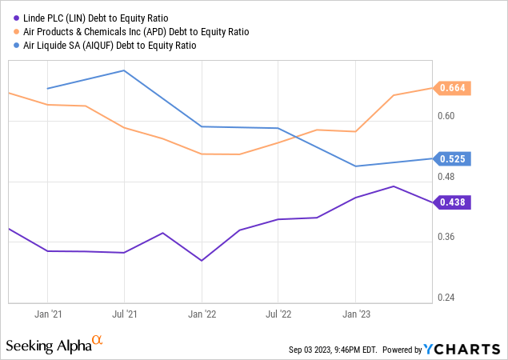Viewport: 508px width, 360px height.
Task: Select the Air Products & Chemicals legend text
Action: (x=131, y=31)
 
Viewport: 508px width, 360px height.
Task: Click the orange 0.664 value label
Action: (x=452, y=88)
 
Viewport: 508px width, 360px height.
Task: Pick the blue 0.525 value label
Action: (x=452, y=158)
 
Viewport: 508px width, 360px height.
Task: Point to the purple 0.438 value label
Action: (x=452, y=202)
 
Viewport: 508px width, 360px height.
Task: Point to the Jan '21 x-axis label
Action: (x=48, y=314)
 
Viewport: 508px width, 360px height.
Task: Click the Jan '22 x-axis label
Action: (x=202, y=314)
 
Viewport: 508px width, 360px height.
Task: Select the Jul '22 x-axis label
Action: (x=278, y=314)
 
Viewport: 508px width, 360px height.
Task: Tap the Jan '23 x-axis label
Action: (x=355, y=314)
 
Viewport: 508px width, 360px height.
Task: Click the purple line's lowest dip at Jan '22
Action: (x=202, y=261)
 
